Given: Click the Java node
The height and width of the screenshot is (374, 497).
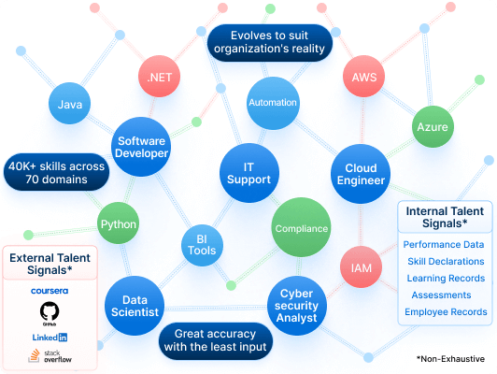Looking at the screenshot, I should pyautogui.click(x=69, y=104).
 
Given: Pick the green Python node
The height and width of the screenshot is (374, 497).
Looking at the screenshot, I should pyautogui.click(x=118, y=224).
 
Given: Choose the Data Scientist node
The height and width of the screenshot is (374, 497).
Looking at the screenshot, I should pyautogui.click(x=135, y=306).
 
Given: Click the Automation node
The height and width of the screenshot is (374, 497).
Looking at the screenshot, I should pyautogui.click(x=273, y=103).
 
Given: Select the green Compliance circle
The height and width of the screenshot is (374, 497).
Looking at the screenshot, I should pyautogui.click(x=301, y=228).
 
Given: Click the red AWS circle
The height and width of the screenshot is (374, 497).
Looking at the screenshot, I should pyautogui.click(x=363, y=78).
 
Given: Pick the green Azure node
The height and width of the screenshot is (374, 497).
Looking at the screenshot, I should pyautogui.click(x=433, y=127).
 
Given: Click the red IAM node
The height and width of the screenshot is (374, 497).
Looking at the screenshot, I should pyautogui.click(x=360, y=268).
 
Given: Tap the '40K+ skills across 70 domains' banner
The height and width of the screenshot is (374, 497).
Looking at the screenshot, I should pyautogui.click(x=56, y=171).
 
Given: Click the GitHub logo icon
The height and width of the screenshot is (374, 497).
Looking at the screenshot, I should pyautogui.click(x=49, y=312).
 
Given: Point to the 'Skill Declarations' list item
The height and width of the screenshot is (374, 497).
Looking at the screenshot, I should pyautogui.click(x=445, y=261).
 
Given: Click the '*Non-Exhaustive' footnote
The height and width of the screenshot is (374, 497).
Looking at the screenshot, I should pyautogui.click(x=451, y=358).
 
